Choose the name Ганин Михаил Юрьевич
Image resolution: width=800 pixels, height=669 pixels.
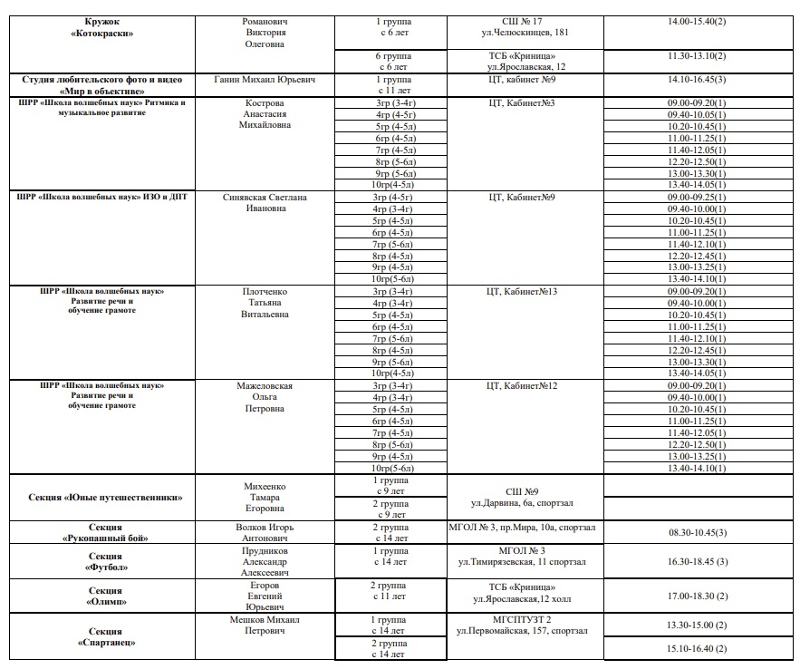[x=265, y=80]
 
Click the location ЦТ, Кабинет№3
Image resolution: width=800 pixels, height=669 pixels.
[x=522, y=103]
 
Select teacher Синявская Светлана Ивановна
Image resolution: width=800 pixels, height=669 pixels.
[x=265, y=202]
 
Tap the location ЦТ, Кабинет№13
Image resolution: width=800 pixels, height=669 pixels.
[x=522, y=291]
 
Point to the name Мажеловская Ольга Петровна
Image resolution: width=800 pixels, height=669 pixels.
[x=265, y=397]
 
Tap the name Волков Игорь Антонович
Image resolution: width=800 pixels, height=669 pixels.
[x=265, y=532]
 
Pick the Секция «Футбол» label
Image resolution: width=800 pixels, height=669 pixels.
[x=105, y=562]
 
